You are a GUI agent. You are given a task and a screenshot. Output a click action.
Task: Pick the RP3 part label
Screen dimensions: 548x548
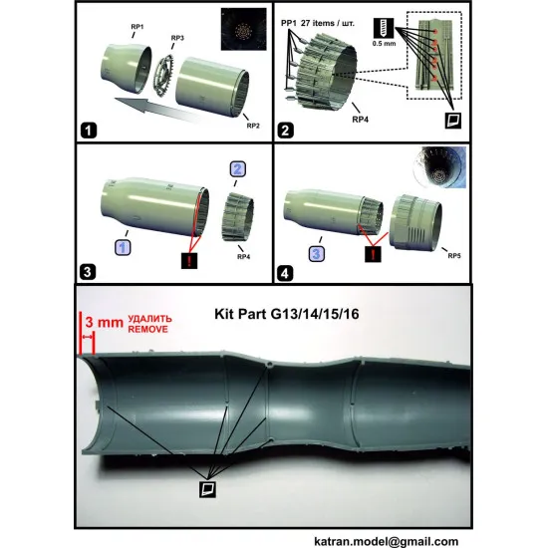(176, 38)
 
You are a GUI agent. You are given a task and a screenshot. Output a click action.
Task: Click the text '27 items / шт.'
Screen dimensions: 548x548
(349, 15)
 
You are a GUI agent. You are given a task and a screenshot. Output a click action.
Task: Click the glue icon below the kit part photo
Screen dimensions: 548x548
(208, 488)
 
